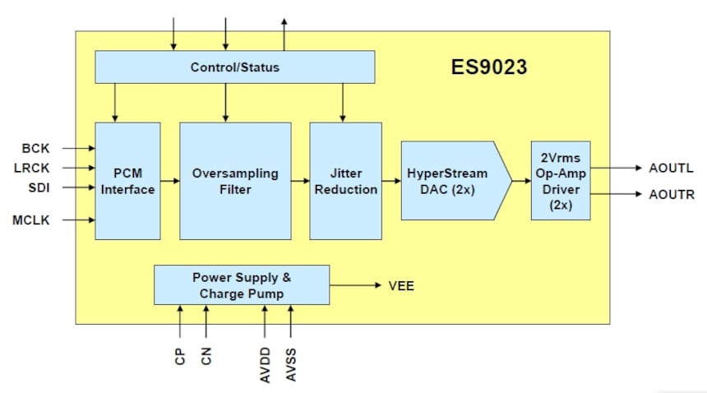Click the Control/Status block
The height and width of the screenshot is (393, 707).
pyautogui.click(x=234, y=67)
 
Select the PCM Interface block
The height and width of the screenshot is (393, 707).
pyautogui.click(x=127, y=181)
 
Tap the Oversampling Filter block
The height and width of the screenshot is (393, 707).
pyautogui.click(x=235, y=181)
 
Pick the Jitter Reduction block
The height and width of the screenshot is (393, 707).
pyautogui.click(x=346, y=181)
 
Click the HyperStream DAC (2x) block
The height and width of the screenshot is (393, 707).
pyautogui.click(x=456, y=181)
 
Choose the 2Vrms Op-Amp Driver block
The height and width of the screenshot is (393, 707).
pyautogui.click(x=561, y=181)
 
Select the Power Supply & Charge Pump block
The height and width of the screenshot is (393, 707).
pyautogui.click(x=242, y=284)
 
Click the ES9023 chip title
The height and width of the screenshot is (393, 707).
pyautogui.click(x=489, y=67)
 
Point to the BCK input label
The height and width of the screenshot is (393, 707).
pyautogui.click(x=35, y=148)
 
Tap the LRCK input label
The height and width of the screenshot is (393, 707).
pyautogui.click(x=31, y=168)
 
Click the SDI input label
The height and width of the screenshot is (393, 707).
pyautogui.click(x=39, y=187)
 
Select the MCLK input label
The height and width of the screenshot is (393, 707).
pyautogui.click(x=30, y=220)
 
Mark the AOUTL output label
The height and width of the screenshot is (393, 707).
pyautogui.click(x=671, y=168)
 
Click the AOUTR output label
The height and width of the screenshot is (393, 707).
pyautogui.click(x=672, y=195)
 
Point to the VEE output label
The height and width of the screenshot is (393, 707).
pyautogui.click(x=401, y=286)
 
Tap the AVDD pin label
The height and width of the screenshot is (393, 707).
pyautogui.click(x=265, y=365)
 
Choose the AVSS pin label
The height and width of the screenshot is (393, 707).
pyautogui.click(x=291, y=365)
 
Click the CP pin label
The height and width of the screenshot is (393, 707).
pyautogui.click(x=180, y=356)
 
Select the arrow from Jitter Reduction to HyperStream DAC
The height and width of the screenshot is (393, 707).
pyautogui.click(x=391, y=181)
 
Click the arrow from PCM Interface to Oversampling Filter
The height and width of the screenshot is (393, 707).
pyautogui.click(x=170, y=181)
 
